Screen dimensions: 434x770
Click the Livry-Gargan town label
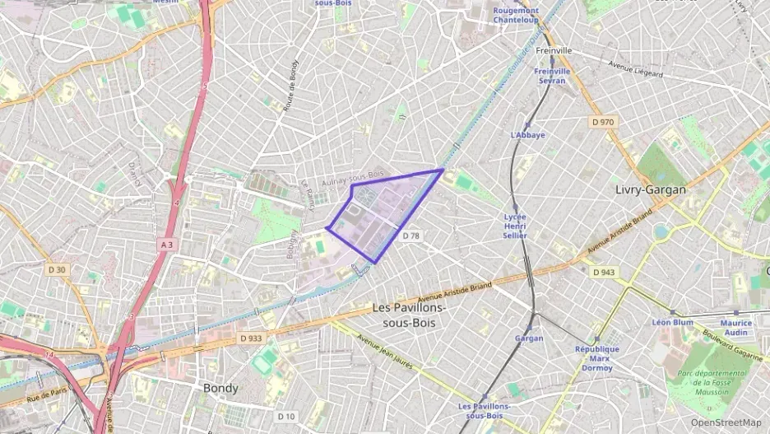650,189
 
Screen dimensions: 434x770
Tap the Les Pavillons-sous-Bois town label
410,315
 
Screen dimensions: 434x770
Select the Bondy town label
220,388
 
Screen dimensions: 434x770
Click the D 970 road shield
603,122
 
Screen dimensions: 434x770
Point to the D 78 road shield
411,236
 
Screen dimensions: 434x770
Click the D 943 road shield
603,272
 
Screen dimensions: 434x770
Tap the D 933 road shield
251,338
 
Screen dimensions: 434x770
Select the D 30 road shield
57,269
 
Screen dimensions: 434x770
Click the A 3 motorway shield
167,245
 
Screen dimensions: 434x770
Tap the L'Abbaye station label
527,135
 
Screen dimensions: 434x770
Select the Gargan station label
528,338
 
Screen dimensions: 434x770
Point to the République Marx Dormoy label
598,358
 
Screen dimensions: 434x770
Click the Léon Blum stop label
672,322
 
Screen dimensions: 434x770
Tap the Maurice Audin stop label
735,328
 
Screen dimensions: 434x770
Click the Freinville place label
553,50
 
